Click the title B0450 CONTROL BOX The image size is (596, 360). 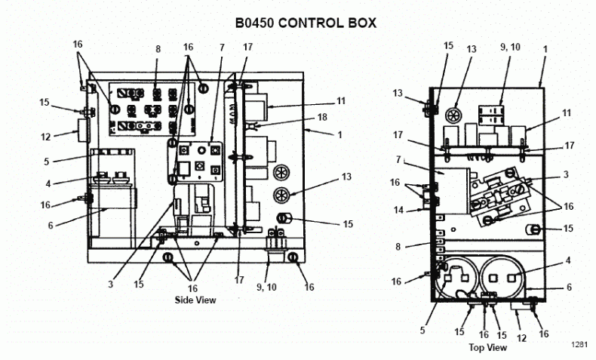click(x=306, y=23)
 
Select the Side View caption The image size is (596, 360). click(x=195, y=300)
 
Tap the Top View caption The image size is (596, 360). click(x=487, y=347)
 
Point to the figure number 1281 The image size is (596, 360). click(x=579, y=344)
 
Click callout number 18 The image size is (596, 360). click(x=322, y=117)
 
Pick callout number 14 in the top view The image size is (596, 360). click(x=398, y=210)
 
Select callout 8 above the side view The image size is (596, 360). click(x=158, y=49)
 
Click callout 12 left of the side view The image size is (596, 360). click(x=45, y=137)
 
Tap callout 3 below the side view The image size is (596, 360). click(x=110, y=285)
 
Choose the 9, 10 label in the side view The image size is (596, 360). click(x=266, y=287)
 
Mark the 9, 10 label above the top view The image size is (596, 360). click(x=510, y=47)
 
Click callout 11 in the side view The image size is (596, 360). click(x=341, y=101)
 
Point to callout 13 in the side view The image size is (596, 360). click(x=346, y=177)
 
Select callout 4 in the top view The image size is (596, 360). click(x=568, y=261)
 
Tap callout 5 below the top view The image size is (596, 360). click(x=422, y=330)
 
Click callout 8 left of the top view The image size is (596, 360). click(x=398, y=247)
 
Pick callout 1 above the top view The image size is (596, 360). click(x=545, y=49)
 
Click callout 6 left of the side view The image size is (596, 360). click(x=51, y=226)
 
